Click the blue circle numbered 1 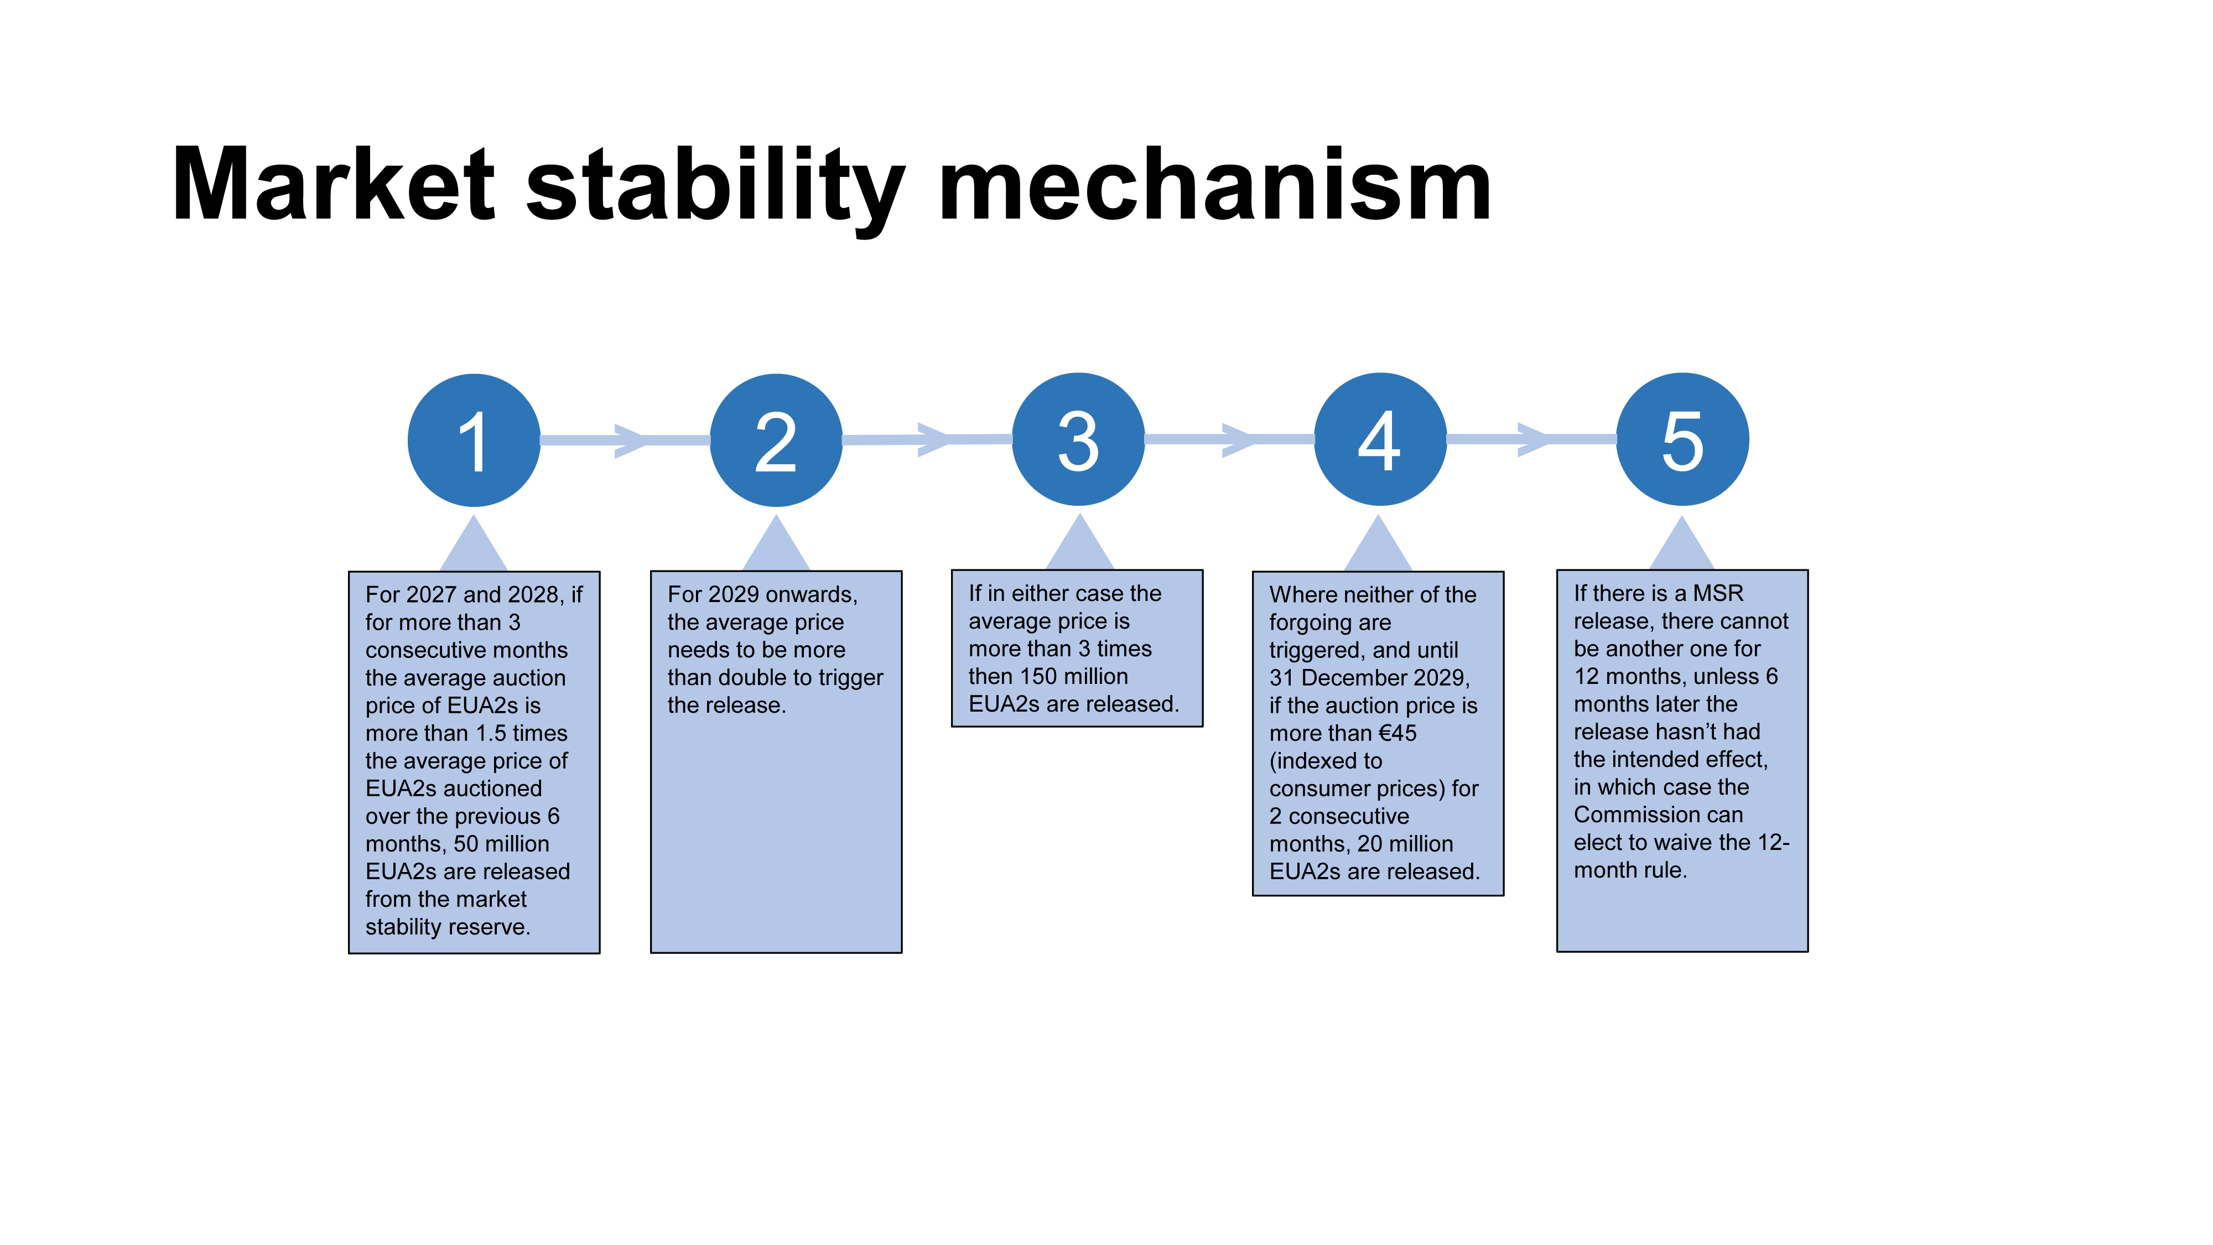click(474, 440)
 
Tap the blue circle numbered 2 click(776, 440)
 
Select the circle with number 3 click(1078, 439)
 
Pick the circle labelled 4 click(1380, 439)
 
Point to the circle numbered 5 click(1682, 439)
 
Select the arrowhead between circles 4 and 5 click(1534, 439)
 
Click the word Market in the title click(333, 185)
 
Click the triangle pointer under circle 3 click(1079, 546)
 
